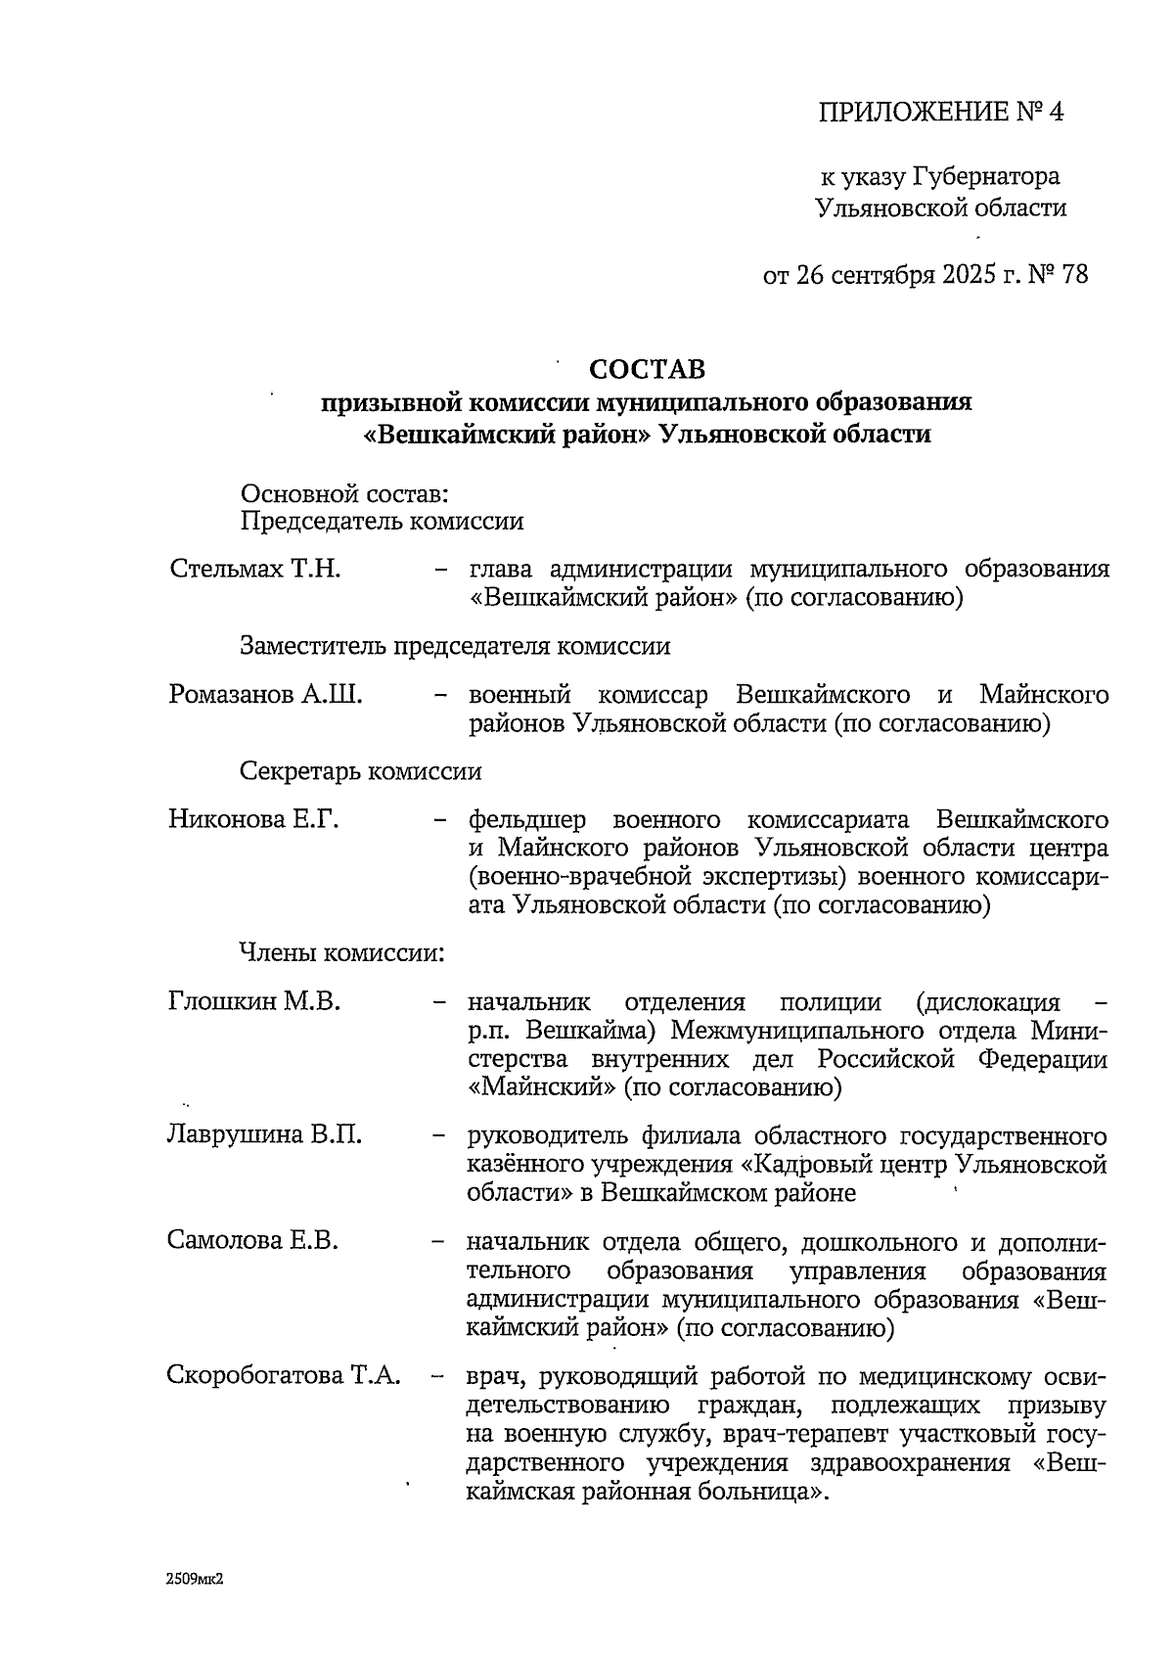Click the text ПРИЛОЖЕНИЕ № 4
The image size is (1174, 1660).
pyautogui.click(x=940, y=113)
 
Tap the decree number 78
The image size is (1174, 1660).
pyautogui.click(x=1073, y=274)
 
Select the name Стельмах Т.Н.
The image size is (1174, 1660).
pyautogui.click(x=254, y=569)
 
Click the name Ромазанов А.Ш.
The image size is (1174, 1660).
pyautogui.click(x=265, y=695)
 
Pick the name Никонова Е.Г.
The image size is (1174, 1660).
pyautogui.click(x=253, y=819)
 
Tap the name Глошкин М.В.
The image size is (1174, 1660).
pyautogui.click(x=253, y=1001)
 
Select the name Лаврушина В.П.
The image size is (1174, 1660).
pyautogui.click(x=264, y=1135)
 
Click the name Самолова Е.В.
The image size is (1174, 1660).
pyautogui.click(x=252, y=1241)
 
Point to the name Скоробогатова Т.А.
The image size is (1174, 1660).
pyautogui.click(x=284, y=1375)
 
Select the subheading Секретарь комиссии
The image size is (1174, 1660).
pyautogui.click(x=361, y=771)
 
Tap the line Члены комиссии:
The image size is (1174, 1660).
pyautogui.click(x=342, y=952)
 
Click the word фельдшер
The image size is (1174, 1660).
pyautogui.click(x=524, y=819)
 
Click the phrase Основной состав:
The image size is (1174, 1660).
pyautogui.click(x=344, y=492)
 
